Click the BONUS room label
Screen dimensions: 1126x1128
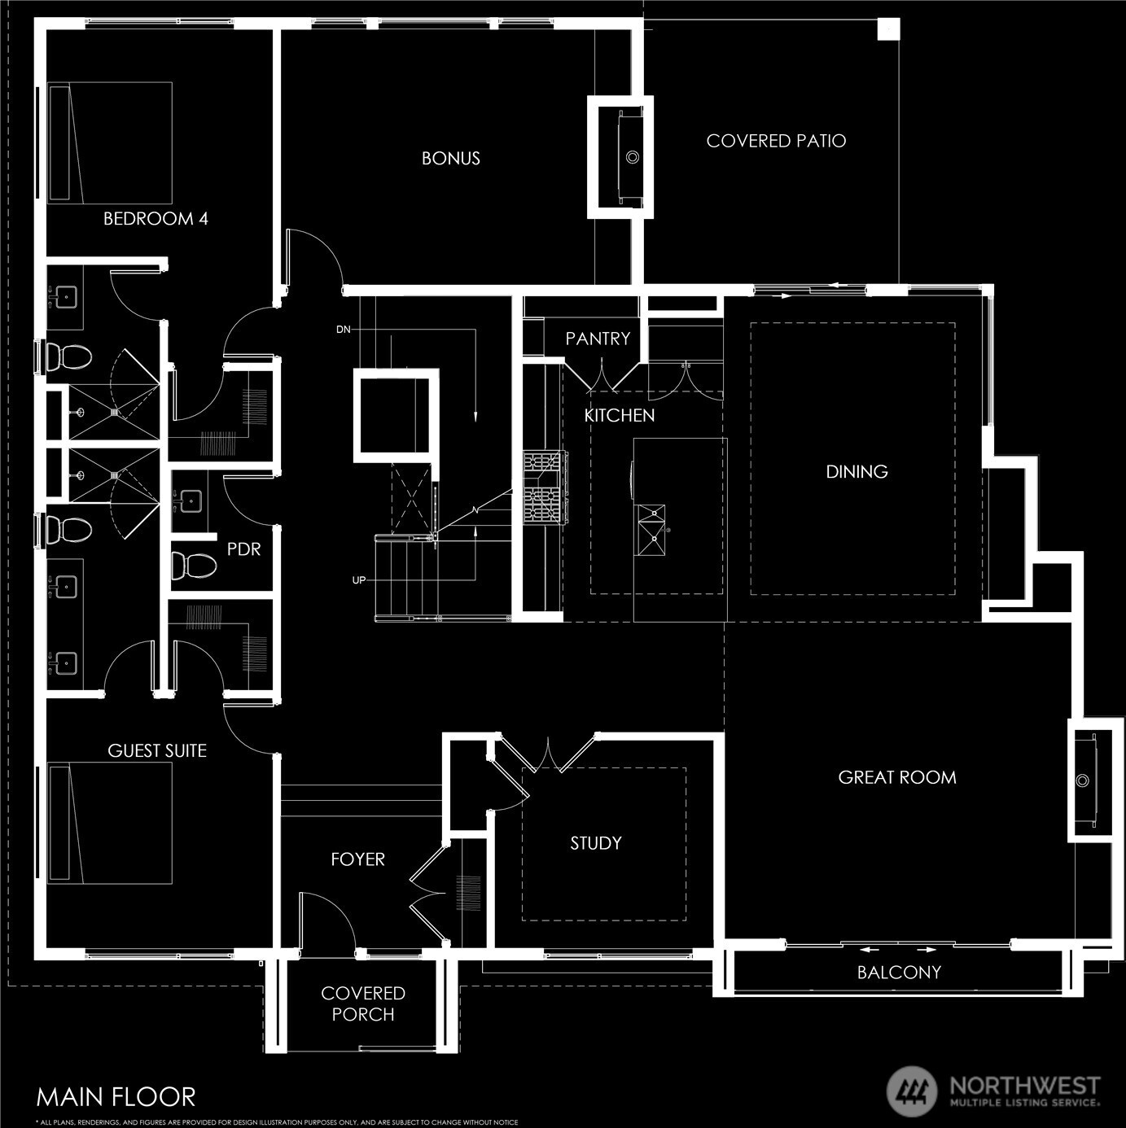450,158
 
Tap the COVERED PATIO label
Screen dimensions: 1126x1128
776,141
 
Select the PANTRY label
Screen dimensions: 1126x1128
598,339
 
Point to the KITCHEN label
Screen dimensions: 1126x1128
620,415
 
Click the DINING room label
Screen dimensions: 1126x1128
857,471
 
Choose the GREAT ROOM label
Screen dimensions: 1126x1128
897,776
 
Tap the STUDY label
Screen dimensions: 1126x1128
596,842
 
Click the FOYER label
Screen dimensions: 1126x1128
357,859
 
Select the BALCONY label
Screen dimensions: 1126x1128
899,972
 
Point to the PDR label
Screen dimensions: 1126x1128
243,549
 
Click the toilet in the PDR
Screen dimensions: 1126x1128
193,566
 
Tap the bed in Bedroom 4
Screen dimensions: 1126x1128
110,142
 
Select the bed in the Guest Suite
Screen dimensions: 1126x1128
110,823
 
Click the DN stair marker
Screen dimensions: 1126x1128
344,330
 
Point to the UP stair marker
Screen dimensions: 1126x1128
358,580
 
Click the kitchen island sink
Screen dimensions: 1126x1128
651,531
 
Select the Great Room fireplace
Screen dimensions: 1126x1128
1090,780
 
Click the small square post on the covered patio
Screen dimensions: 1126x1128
888,28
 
